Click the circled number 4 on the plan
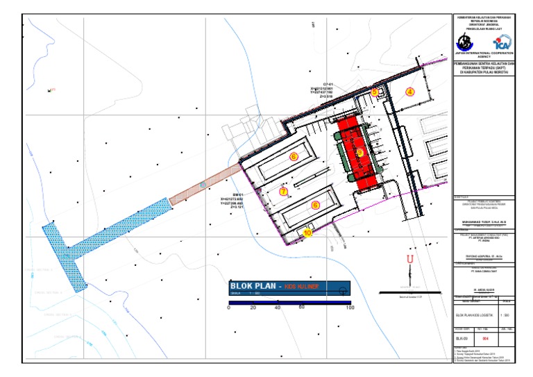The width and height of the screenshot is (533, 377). pyautogui.click(x=409, y=91)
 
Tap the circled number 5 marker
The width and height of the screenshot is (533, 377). pyautogui.click(x=375, y=92)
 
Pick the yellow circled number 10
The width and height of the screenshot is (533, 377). pyautogui.click(x=308, y=233)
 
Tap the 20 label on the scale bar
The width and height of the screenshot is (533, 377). pyautogui.click(x=253, y=308)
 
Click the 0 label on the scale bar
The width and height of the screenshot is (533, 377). pyautogui.click(x=229, y=308)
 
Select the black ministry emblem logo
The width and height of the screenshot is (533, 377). pyautogui.click(x=463, y=40)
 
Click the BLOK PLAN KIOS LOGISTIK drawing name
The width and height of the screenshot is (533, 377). pyautogui.click(x=474, y=316)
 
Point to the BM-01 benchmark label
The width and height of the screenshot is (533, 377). pyautogui.click(x=236, y=194)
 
